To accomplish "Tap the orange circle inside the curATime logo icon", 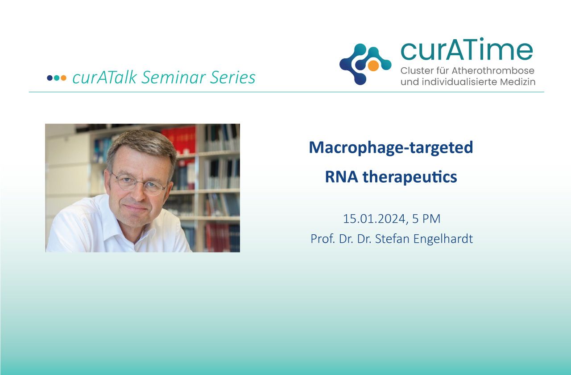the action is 373,65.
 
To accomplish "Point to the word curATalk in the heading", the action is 105,77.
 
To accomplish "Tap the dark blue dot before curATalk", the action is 50,78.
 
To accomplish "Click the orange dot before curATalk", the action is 63,78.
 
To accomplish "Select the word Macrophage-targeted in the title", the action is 391,148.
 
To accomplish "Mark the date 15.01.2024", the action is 374,219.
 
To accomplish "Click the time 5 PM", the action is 426,219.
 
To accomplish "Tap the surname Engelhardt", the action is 443,239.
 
